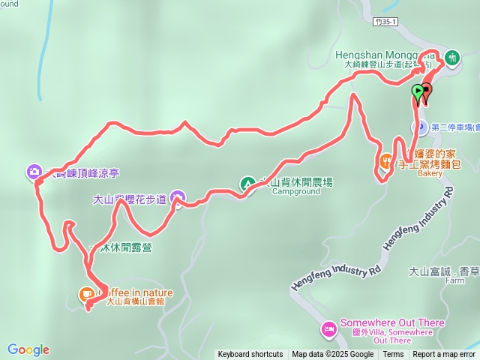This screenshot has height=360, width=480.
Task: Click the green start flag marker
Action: [418, 92]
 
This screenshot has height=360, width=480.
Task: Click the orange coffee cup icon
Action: [87, 293]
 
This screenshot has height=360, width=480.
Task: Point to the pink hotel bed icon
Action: [328, 328]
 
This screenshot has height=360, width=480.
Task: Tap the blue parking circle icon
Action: [421, 127]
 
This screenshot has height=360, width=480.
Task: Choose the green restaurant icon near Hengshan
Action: [452, 57]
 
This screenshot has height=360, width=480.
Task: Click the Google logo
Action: [28, 349]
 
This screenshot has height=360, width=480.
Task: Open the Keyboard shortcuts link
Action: [250, 355]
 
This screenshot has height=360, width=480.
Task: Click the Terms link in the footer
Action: [393, 355]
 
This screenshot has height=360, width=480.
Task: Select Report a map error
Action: [444, 355]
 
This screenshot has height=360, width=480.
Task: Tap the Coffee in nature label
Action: [135, 292]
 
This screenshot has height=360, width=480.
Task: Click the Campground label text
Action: [289, 192]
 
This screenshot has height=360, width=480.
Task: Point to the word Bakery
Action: [430, 172]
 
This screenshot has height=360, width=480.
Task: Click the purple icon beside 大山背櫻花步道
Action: [178, 199]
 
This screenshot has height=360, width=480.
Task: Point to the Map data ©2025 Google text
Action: [333, 355]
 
